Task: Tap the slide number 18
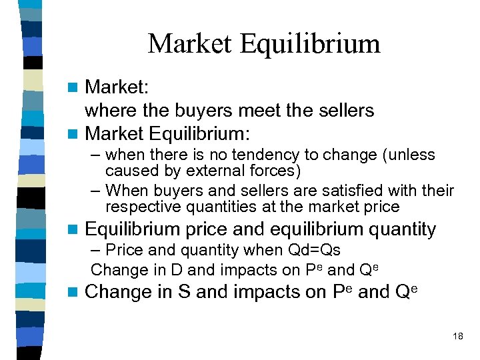(x=457, y=336)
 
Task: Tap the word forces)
(x=274, y=171)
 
